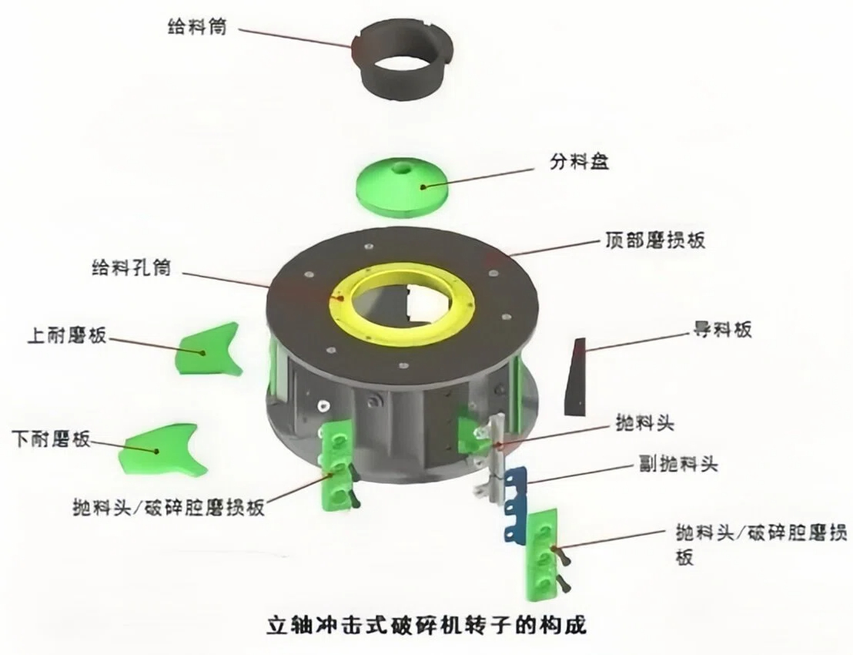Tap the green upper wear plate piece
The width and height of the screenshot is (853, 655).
click(x=208, y=351)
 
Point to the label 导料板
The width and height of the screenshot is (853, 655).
click(x=719, y=331)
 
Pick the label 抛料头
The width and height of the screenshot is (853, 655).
click(x=645, y=422)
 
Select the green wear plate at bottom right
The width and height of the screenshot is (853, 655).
click(x=543, y=553)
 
